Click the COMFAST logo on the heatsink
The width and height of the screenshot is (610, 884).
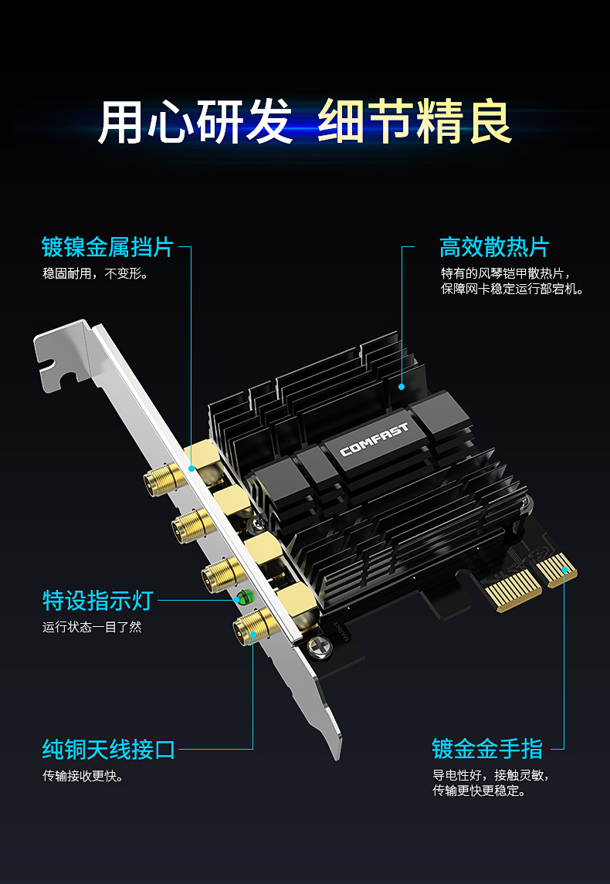point(374,438)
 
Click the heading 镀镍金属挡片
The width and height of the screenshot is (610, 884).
point(107,248)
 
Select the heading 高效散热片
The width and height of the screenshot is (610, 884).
point(493,248)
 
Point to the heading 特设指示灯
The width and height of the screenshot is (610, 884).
point(98,600)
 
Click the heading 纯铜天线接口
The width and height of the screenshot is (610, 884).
point(109,749)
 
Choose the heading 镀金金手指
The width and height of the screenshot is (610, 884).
point(487,749)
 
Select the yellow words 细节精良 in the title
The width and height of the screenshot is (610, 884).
point(415,122)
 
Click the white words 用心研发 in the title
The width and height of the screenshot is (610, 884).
point(195,122)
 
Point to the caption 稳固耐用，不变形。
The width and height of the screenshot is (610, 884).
point(95,274)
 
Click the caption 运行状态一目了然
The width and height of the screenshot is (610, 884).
point(92,627)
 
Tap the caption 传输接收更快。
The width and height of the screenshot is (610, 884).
point(83,776)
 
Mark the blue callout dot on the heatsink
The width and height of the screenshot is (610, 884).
point(402,385)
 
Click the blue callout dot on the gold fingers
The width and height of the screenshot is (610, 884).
point(565,571)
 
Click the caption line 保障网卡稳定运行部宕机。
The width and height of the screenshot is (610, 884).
point(512,290)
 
